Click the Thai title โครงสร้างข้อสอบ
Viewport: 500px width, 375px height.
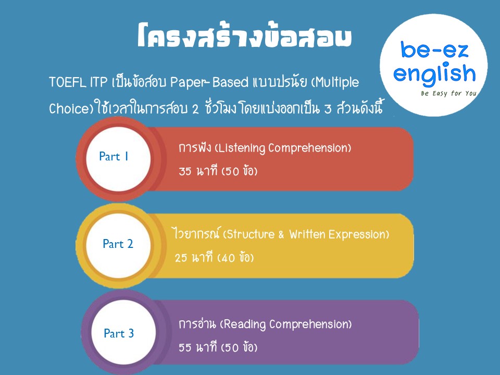coord(245,36)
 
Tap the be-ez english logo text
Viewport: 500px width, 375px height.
coord(434,61)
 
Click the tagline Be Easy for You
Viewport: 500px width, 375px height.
coord(448,93)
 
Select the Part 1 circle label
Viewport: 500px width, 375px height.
coord(114,157)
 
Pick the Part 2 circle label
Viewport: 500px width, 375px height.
coord(118,244)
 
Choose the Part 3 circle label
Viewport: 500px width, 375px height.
coord(119,333)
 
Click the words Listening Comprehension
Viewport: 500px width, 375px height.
coord(282,148)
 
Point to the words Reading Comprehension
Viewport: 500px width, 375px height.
coord(286,324)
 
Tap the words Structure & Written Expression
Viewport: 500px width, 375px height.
coord(306,234)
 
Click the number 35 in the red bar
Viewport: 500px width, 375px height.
coord(185,171)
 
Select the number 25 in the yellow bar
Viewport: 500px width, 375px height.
coord(181,258)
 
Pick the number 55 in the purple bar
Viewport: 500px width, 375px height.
coord(185,347)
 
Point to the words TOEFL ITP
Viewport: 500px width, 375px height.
coord(78,82)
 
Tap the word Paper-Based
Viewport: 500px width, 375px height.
coord(209,82)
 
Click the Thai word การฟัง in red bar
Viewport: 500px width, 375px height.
coord(195,148)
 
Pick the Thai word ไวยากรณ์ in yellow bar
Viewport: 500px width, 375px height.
coord(196,234)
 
